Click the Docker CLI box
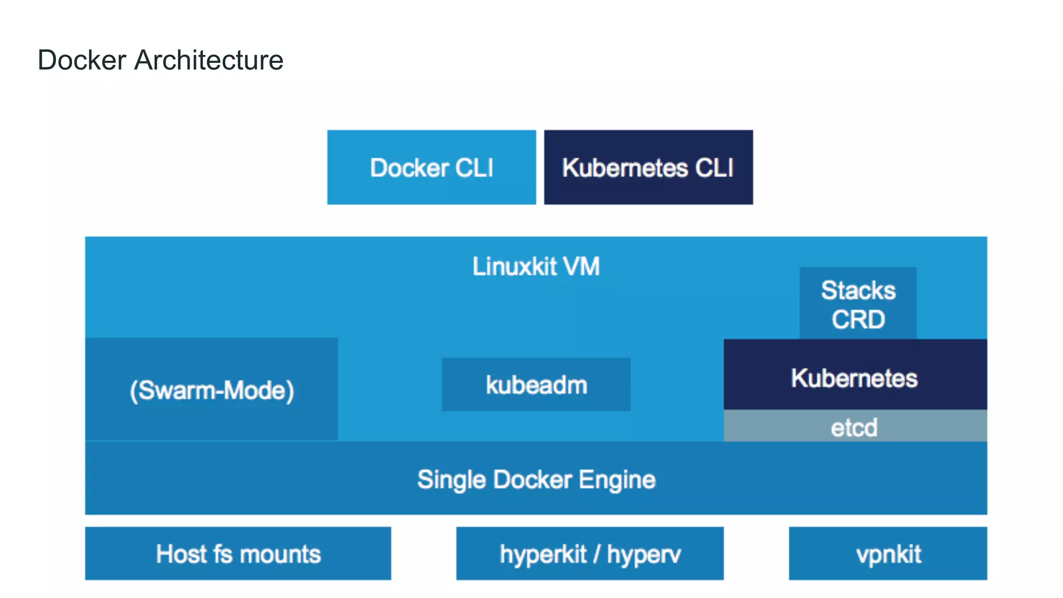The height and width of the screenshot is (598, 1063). [x=431, y=167]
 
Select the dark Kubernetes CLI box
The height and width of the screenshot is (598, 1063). [x=648, y=167]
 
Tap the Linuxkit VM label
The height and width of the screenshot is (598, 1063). [x=536, y=266]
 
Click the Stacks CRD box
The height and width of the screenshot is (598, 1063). [x=858, y=304]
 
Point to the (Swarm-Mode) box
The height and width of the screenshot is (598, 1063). [x=211, y=389]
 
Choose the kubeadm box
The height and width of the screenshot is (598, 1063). [x=536, y=385]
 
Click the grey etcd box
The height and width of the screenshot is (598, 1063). [x=855, y=427]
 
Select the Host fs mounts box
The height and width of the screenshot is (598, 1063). [x=238, y=553]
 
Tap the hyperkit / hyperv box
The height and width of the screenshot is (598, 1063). [x=590, y=553]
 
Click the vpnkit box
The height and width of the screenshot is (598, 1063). [x=888, y=553]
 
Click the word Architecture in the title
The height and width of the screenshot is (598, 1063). [x=209, y=60]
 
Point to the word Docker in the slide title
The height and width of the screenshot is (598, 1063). [x=82, y=60]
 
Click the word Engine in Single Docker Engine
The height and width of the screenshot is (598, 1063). [x=617, y=480]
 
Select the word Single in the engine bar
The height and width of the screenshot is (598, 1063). [x=451, y=480]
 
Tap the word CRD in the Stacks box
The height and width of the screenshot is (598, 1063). [x=858, y=319]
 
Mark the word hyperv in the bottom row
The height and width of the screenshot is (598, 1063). [x=644, y=554]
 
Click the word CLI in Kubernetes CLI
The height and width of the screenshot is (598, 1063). [x=714, y=168]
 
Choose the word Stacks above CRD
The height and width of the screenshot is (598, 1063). [x=858, y=290]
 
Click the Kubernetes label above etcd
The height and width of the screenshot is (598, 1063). [x=854, y=378]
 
